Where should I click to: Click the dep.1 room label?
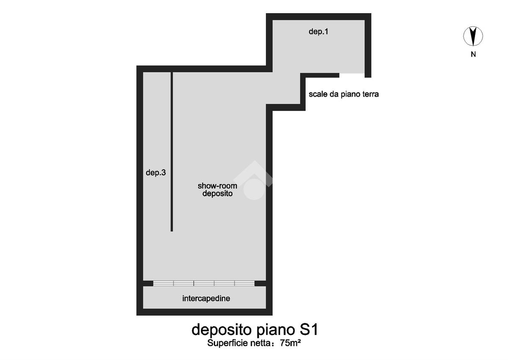(x=318, y=31)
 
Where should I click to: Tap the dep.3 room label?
(x=156, y=173)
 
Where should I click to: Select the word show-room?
(x=218, y=186)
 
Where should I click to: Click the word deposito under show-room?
(x=218, y=194)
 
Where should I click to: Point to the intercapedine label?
(x=206, y=298)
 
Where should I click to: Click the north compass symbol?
(x=473, y=36)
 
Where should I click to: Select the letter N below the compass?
(x=473, y=55)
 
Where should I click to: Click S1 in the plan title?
(x=309, y=330)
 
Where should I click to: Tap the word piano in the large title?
(x=276, y=330)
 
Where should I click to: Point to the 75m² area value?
(x=290, y=343)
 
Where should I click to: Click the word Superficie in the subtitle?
(x=228, y=343)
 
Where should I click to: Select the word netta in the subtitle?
(x=260, y=343)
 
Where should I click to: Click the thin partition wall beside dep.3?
(x=172, y=152)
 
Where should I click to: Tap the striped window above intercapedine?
(x=204, y=283)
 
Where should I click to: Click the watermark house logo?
(x=254, y=180)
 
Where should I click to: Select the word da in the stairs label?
(x=334, y=94)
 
